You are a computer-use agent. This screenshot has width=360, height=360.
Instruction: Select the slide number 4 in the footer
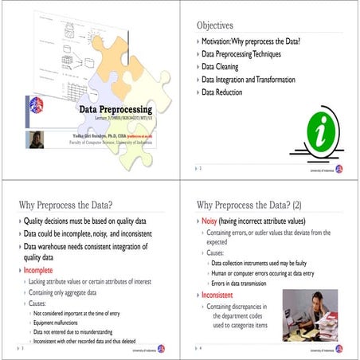201,348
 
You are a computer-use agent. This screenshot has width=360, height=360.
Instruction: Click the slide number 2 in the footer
201,170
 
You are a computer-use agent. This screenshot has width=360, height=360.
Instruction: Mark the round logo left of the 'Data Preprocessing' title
36,104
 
